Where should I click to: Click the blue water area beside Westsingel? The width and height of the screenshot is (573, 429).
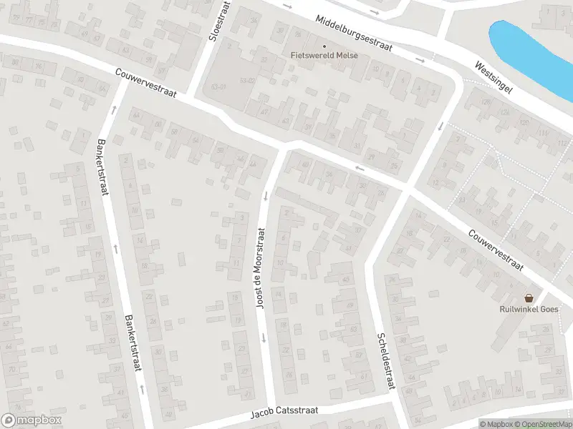pos(530,50)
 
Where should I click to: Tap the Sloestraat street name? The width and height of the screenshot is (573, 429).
pos(212,21)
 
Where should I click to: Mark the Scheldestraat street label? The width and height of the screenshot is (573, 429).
pos(386,361)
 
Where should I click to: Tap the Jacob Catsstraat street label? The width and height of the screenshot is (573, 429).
pos(284,413)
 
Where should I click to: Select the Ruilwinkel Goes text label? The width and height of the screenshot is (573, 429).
pos(529,310)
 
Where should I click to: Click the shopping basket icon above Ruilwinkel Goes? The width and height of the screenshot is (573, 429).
pos(529,298)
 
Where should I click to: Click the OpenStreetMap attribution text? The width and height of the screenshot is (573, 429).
pos(543,424)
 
